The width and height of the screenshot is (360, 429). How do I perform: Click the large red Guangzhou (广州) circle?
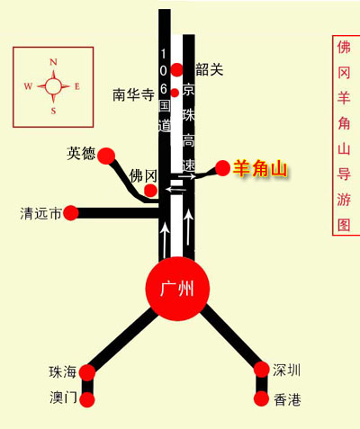177,289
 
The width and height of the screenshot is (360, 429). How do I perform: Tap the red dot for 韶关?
177,69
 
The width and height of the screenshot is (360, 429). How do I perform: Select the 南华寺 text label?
133,94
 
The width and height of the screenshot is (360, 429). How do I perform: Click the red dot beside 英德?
106,156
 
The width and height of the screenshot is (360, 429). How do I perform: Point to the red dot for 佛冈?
150,191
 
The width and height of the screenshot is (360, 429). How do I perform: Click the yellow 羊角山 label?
260,169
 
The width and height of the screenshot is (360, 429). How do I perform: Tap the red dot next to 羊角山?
222,168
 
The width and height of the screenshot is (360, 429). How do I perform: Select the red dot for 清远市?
71,213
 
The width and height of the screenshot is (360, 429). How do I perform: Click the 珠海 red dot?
87,372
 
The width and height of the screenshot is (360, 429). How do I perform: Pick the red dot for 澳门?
87,399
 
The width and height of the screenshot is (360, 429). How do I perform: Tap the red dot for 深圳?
262,370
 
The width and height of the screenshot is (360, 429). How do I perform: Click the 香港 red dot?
261,398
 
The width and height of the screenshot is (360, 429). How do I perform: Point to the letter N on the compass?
53,62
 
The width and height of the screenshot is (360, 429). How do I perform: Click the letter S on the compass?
53,111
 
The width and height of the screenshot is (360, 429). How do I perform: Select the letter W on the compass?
28,86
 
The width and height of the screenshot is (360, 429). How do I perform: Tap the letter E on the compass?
77,86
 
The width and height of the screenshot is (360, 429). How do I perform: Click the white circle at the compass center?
53,86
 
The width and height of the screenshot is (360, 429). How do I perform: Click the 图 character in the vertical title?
344,225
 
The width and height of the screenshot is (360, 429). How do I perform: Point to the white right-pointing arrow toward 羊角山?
187,176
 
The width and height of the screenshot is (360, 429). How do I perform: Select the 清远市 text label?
40,213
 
